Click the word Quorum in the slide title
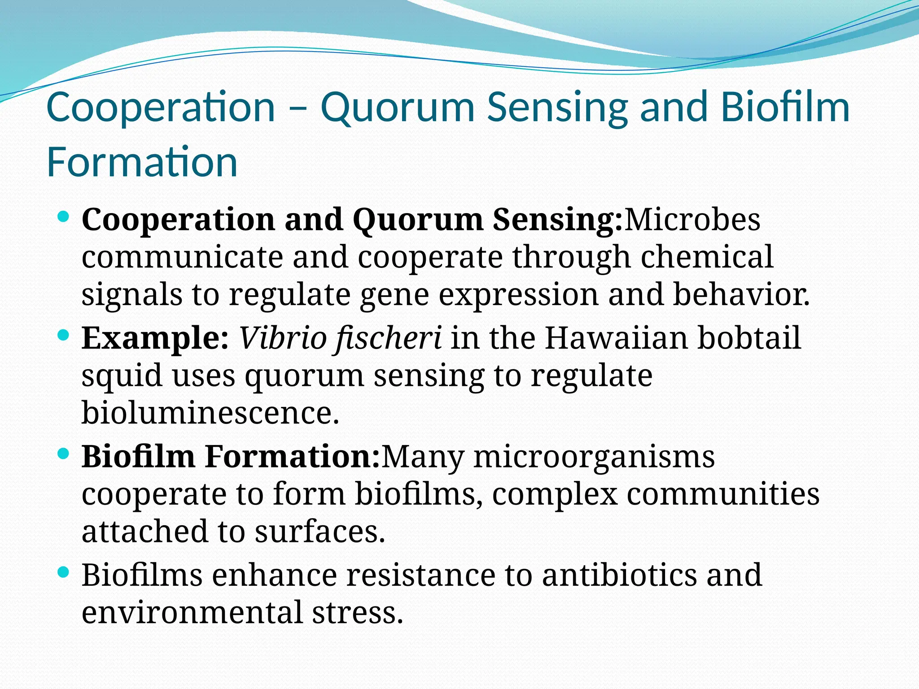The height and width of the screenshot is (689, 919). click(397, 108)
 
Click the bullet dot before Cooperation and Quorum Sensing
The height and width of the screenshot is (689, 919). click(64, 217)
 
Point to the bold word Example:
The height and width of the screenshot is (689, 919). click(155, 338)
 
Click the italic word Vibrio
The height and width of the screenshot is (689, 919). click(282, 338)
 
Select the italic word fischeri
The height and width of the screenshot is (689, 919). click(388, 338)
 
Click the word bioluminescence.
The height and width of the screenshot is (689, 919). click(210, 412)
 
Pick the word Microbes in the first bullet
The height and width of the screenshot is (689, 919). click(692, 220)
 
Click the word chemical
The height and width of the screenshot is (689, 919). click(707, 257)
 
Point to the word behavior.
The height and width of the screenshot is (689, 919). click(741, 294)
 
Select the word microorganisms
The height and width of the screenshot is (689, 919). click(594, 457)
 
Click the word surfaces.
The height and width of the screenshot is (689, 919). click(319, 532)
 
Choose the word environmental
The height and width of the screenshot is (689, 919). click(192, 613)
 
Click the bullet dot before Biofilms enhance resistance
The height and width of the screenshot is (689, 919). click(64, 572)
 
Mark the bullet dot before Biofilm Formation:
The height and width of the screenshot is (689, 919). click(64, 454)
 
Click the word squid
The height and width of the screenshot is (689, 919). click(122, 376)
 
